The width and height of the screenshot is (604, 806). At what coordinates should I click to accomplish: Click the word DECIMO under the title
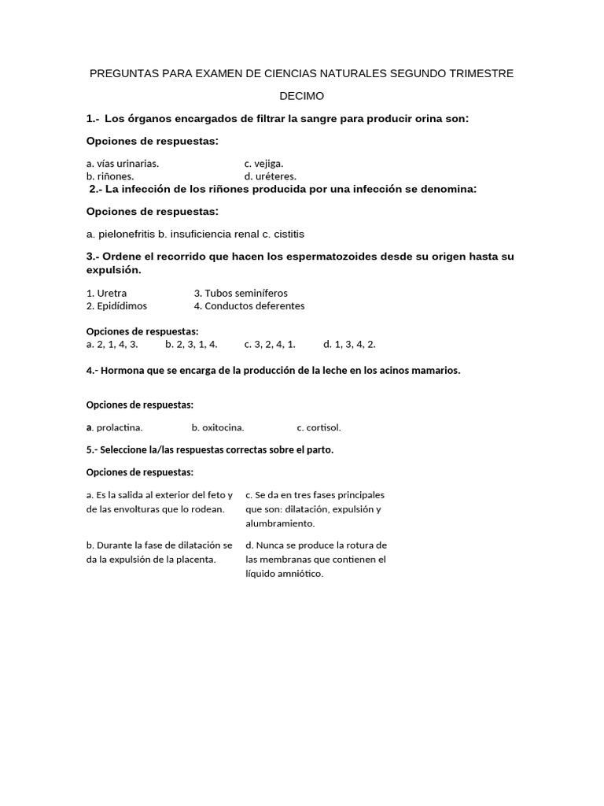pyautogui.click(x=302, y=96)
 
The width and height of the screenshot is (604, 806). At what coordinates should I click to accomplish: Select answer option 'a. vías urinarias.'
pyautogui.click(x=123, y=164)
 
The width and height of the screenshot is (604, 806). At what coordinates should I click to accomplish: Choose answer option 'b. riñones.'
pyautogui.click(x=110, y=177)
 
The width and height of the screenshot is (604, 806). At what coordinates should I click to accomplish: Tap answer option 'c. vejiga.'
pyautogui.click(x=263, y=164)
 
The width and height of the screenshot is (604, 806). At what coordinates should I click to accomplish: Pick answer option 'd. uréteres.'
pyautogui.click(x=270, y=177)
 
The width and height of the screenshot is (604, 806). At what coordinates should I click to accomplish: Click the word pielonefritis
pyautogui.click(x=126, y=235)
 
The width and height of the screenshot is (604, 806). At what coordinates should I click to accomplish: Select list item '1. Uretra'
pyautogui.click(x=106, y=293)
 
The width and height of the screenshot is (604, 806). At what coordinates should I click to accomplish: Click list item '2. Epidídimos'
pyautogui.click(x=116, y=306)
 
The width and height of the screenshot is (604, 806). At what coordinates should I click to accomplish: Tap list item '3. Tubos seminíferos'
pyautogui.click(x=241, y=293)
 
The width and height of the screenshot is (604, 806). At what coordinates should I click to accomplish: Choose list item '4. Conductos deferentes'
pyautogui.click(x=249, y=306)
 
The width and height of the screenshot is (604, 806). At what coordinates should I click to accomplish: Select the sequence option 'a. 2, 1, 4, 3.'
pyautogui.click(x=112, y=344)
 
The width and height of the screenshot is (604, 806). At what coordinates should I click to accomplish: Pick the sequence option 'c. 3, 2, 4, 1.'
pyautogui.click(x=270, y=344)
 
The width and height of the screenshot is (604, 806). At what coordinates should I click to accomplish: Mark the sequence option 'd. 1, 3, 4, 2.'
pyautogui.click(x=349, y=344)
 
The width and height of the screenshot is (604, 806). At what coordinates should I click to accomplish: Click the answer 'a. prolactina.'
pyautogui.click(x=114, y=428)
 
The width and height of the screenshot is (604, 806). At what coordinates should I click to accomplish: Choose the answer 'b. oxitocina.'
pyautogui.click(x=218, y=428)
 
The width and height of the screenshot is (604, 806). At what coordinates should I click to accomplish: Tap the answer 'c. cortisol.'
pyautogui.click(x=319, y=428)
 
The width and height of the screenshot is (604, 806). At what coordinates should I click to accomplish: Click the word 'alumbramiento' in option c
pyautogui.click(x=280, y=523)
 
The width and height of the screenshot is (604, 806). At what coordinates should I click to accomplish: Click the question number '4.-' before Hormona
pyautogui.click(x=92, y=370)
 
